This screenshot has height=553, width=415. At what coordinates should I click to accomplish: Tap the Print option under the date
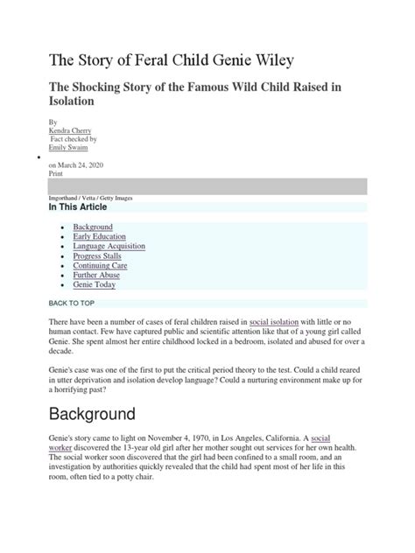click(55, 173)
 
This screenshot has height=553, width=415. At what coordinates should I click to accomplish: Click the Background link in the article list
click(92, 227)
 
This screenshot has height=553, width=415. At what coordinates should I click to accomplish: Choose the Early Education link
click(99, 236)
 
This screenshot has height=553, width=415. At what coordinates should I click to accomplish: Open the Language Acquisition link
click(109, 246)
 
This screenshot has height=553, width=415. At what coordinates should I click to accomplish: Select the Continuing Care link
click(99, 265)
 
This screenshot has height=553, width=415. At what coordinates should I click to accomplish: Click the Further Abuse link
click(96, 275)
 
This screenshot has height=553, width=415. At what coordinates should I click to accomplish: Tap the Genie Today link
click(94, 284)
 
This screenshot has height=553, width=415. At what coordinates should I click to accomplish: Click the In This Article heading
click(78, 207)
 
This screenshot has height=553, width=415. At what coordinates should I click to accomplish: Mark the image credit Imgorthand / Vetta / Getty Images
click(90, 198)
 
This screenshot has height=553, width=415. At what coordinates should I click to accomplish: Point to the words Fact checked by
click(73, 139)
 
